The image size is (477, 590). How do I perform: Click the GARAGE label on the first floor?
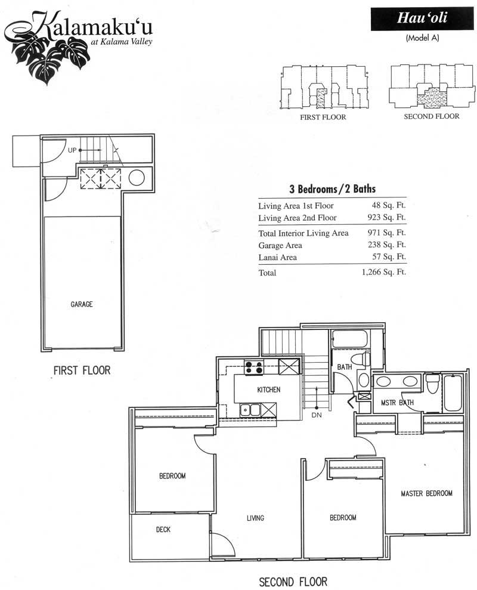(82, 304)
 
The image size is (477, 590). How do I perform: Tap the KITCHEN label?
(268, 390)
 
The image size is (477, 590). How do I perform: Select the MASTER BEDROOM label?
(426, 493)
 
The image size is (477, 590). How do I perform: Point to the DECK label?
(163, 529)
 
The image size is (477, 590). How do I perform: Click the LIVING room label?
(255, 518)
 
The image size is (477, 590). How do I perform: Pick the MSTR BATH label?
(397, 403)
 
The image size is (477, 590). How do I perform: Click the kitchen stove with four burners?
(254, 367)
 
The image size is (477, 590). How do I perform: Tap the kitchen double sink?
(250, 409)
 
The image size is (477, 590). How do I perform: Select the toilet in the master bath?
(433, 383)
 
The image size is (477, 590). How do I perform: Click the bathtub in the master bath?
(453, 393)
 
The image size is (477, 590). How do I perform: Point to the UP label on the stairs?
(72, 150)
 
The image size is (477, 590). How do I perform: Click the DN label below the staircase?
(317, 415)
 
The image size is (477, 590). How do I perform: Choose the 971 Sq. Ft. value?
(387, 233)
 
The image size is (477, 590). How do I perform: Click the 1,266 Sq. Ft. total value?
(384, 272)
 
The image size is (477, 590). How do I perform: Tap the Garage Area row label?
(280, 245)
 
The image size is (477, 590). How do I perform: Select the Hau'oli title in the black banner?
(422, 18)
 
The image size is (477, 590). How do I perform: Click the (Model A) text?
(423, 38)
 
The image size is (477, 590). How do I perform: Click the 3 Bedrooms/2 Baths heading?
(333, 189)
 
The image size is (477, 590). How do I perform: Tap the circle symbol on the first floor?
(137, 178)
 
